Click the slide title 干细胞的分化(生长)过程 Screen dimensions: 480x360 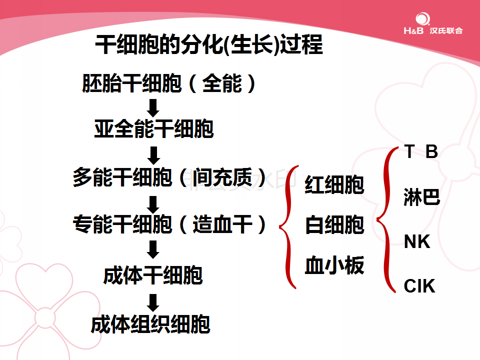(209, 44)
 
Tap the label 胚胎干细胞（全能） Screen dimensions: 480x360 (168, 83)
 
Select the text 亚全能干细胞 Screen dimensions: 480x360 (153, 128)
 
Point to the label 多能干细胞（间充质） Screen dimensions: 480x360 (169, 177)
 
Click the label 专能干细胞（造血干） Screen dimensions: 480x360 (169, 224)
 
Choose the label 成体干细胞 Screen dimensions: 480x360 (153, 275)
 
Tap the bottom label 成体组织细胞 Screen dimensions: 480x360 (150, 324)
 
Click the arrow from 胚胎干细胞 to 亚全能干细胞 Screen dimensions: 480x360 (153, 108)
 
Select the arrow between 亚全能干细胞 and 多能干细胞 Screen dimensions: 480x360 (153, 155)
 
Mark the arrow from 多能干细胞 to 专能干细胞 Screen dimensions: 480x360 (153, 204)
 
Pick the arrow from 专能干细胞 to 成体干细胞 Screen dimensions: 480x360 (153, 249)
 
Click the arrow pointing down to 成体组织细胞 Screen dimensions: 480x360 (153, 303)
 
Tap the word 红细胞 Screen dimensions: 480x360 (334, 184)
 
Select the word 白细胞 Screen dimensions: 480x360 (334, 224)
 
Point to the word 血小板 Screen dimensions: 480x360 (334, 265)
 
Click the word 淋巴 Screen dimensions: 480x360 (422, 197)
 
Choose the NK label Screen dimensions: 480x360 (417, 241)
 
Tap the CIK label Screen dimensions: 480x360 (419, 286)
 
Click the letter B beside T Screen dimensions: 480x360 (432, 151)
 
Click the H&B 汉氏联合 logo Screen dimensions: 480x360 (433, 23)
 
